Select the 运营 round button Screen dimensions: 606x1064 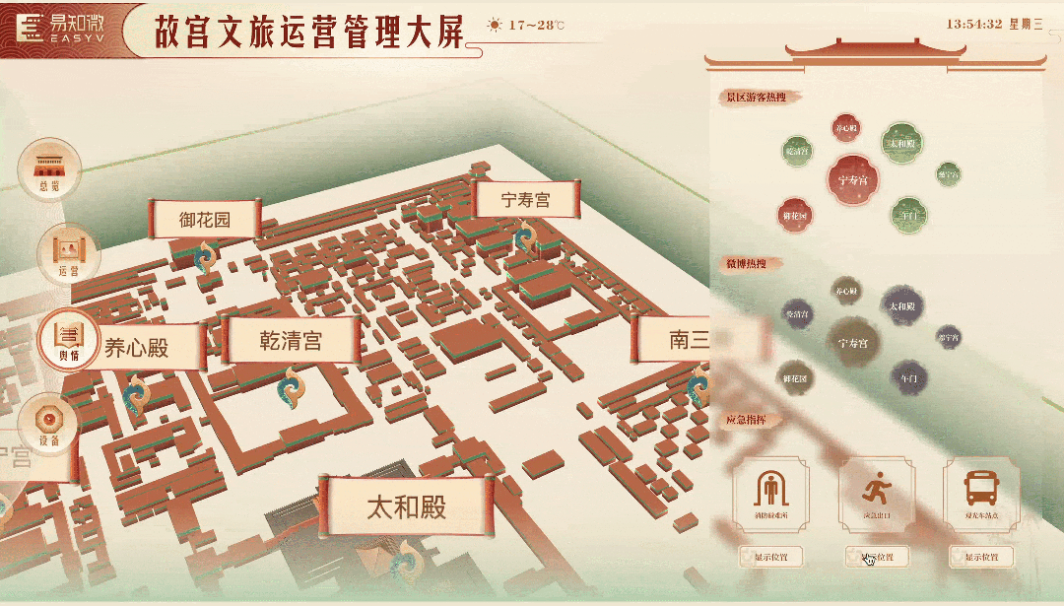coord(68,254)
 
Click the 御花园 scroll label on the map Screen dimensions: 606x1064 coord(205,219)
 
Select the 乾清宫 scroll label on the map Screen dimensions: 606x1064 coord(290,341)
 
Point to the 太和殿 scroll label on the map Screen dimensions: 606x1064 coord(406,506)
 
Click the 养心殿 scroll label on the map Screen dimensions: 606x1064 coord(138,346)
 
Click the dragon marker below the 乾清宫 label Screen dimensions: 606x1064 coord(290,386)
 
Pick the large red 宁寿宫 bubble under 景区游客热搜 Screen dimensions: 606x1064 coord(853,180)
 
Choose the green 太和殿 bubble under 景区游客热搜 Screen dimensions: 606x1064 coord(900,143)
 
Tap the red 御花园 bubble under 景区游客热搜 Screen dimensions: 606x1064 coord(795,215)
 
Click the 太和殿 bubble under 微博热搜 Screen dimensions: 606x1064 coord(901,306)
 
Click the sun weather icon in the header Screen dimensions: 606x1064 coord(495,25)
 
